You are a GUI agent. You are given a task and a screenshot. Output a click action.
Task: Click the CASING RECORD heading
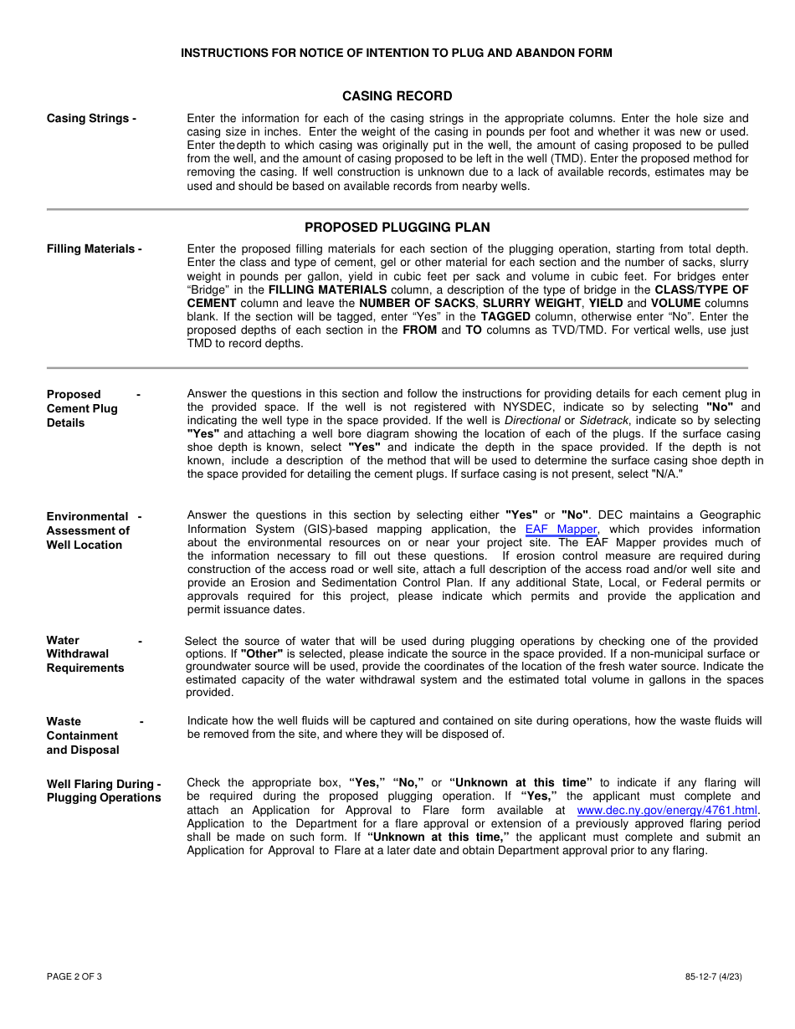(397, 96)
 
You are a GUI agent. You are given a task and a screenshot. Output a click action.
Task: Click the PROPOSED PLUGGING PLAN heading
(397, 228)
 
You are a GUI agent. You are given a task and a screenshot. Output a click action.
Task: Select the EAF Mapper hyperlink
(561, 530)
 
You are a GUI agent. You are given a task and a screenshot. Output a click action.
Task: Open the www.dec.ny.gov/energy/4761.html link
(667, 811)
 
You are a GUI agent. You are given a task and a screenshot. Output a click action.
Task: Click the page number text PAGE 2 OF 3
(74, 976)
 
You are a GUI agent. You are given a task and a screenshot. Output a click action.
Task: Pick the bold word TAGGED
(505, 317)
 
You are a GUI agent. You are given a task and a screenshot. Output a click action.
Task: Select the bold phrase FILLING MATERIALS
(327, 290)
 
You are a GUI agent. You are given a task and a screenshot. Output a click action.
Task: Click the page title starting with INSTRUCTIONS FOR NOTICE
(397, 54)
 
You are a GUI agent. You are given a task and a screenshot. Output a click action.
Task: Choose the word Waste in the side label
(64, 722)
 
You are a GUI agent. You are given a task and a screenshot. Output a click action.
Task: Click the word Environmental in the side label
(87, 517)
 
